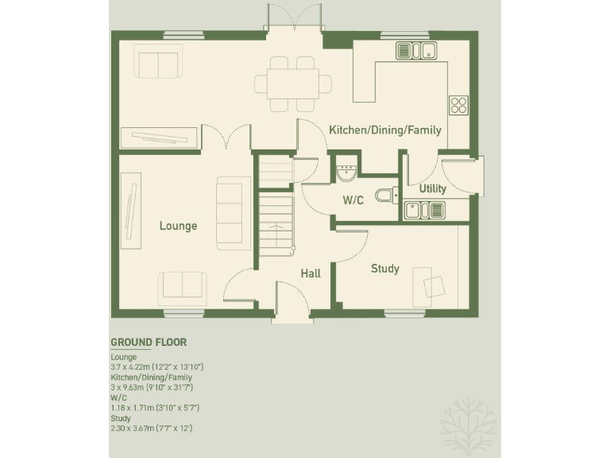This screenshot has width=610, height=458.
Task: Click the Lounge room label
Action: [178, 226]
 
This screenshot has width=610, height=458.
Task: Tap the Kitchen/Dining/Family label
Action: [385, 130]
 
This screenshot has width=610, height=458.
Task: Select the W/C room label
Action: [353, 200]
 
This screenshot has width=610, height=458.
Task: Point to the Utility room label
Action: [433, 189]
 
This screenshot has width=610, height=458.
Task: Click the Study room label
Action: [385, 269]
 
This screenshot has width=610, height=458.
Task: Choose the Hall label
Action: [311, 274]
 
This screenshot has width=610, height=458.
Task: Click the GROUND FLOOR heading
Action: [149, 343]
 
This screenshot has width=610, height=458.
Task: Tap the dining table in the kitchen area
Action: [292, 83]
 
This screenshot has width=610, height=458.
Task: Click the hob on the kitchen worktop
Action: [458, 105]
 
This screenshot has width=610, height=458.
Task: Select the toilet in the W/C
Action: [386, 196]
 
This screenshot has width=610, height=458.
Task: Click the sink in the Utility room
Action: [423, 210]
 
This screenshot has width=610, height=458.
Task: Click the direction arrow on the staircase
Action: [276, 228]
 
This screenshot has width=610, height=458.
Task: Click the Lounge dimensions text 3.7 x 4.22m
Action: [157, 367]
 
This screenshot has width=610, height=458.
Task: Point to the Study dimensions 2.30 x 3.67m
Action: [151, 428]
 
